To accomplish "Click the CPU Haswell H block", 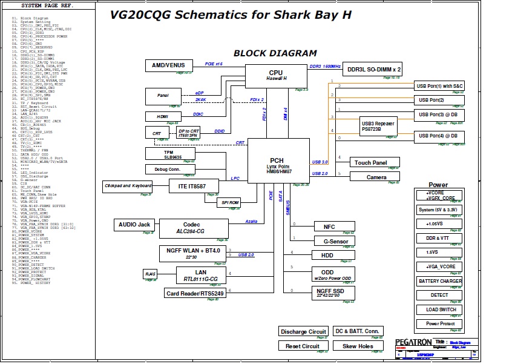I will click(x=276, y=76).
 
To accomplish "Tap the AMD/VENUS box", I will click(x=168, y=65).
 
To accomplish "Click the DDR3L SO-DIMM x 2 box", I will click(x=374, y=70).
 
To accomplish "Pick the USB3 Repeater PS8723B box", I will click(x=379, y=125).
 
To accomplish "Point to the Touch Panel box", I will click(x=375, y=162).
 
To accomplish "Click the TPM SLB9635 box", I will click(x=169, y=154).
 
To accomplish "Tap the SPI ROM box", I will click(x=230, y=202).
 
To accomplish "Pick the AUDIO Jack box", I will click(x=134, y=225).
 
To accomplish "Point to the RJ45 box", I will click(x=150, y=275).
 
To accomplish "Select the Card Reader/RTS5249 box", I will click(x=195, y=294).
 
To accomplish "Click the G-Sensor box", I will click(x=332, y=241).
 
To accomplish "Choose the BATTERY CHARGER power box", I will click(x=440, y=281).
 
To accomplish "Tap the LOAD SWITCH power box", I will click(x=440, y=309).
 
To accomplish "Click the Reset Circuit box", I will click(x=303, y=346).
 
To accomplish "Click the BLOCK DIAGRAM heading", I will click(x=275, y=53).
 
